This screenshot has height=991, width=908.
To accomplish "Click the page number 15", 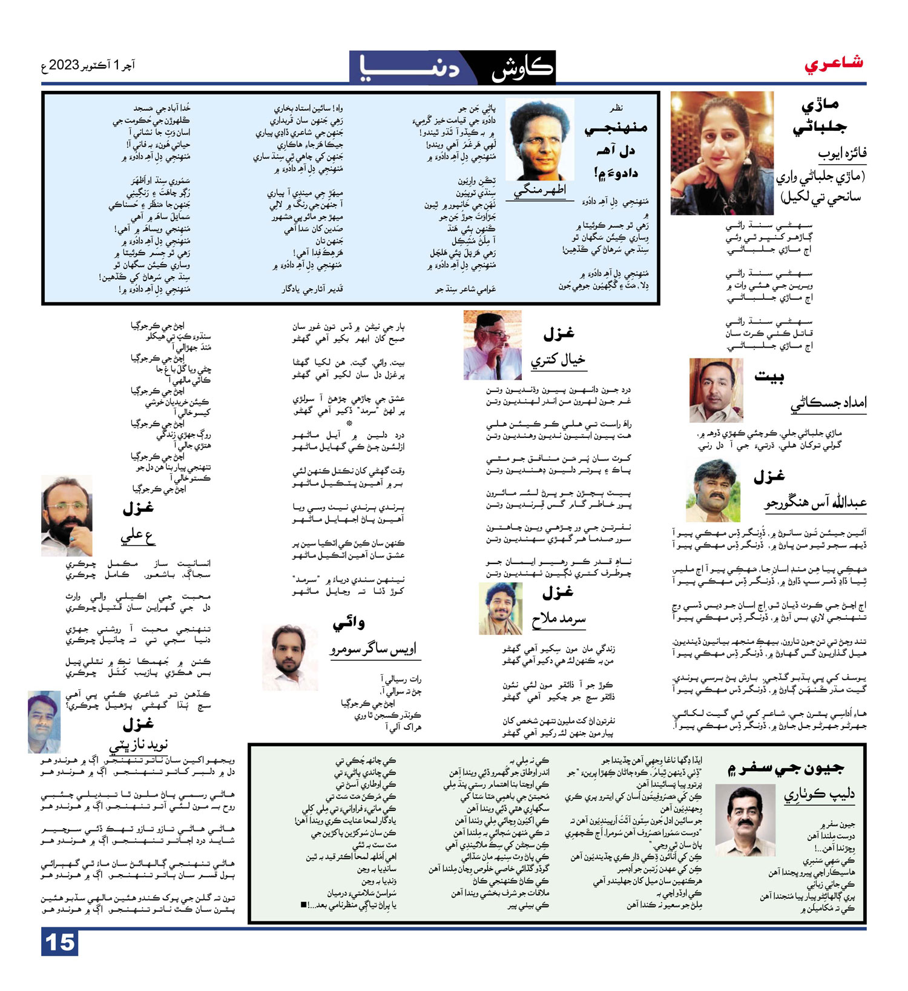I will tap(60, 943).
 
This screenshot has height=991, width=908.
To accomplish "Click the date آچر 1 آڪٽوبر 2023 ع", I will tap(88, 65).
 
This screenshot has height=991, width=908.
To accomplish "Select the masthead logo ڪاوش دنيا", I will tap(452, 67).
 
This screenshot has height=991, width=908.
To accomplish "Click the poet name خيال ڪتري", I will tap(558, 360).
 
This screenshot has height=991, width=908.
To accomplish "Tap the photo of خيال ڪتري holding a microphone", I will tap(492, 345).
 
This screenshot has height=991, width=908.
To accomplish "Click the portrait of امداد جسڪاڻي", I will tap(716, 390).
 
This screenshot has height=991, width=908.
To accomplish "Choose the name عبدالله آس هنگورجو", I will tap(815, 503).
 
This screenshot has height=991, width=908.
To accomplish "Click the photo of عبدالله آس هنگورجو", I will tap(712, 491).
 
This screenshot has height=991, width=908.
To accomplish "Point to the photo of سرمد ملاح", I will tap(500, 609).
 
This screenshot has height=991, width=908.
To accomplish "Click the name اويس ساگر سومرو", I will tap(373, 649).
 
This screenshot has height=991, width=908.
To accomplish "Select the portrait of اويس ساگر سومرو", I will tap(290, 658).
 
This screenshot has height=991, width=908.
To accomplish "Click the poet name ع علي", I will tap(137, 536).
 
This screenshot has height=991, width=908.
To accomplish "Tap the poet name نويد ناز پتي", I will tap(138, 744).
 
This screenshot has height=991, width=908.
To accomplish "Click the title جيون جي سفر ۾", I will tap(785, 768).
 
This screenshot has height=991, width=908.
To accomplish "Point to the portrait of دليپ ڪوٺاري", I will tap(745, 820).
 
